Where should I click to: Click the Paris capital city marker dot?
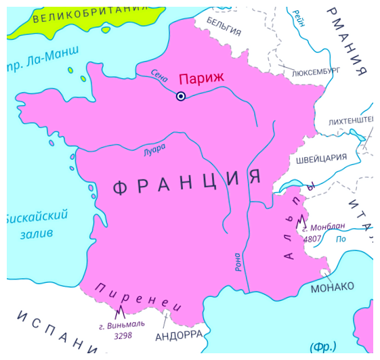point(181,96)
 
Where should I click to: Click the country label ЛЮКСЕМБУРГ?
point(315,70)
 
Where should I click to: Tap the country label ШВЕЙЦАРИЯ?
point(321,158)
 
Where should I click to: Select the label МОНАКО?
point(332,287)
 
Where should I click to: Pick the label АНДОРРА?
point(179,335)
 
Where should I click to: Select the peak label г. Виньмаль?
point(121,325)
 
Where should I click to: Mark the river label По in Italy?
point(342,238)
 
